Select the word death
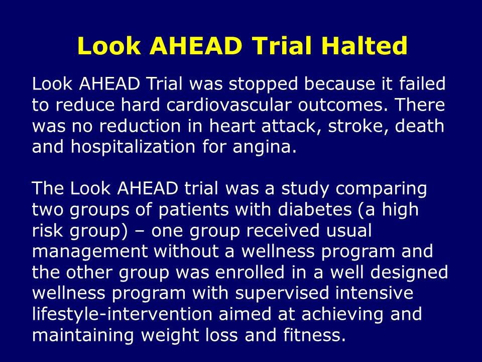[420, 126]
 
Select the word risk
[46, 231]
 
